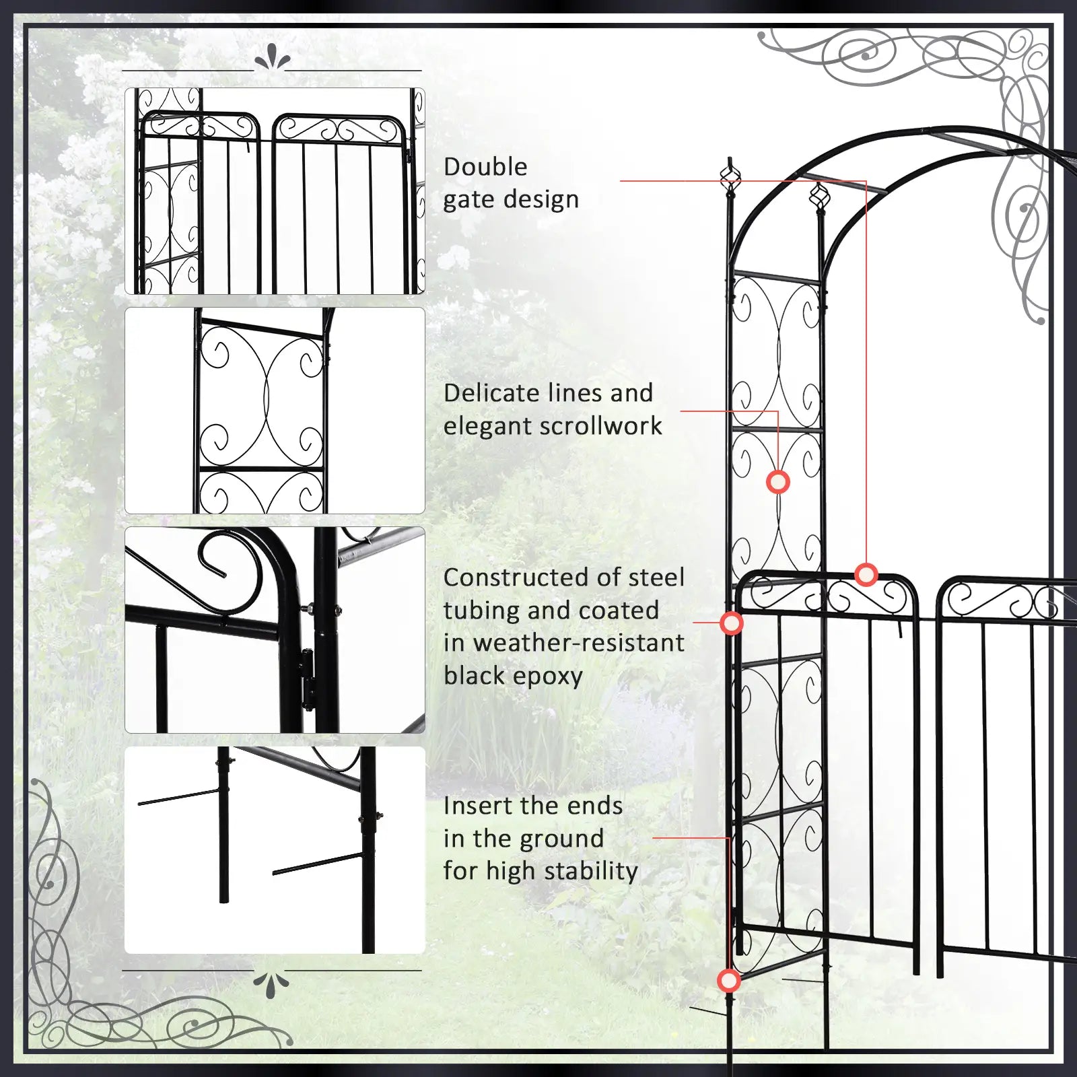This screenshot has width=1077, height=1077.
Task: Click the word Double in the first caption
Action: point(485,167)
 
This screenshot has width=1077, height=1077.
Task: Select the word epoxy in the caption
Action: point(547,676)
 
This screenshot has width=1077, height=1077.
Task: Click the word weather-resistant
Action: point(579,643)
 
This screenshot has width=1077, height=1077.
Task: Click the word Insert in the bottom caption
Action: point(478,806)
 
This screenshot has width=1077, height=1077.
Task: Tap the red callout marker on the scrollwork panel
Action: point(778,482)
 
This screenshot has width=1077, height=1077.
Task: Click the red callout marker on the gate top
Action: point(866,574)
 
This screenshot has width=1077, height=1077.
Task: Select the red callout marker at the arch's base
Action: point(728,981)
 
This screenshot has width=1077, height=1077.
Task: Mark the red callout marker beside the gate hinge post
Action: point(732,623)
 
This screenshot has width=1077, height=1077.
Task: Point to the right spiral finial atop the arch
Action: point(819,197)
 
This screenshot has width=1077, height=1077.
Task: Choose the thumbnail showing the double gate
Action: point(275,191)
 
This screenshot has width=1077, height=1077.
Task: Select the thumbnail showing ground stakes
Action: point(275,849)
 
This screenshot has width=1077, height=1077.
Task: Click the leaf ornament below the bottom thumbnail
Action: point(271,983)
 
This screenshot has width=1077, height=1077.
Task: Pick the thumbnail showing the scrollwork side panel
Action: point(275,411)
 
